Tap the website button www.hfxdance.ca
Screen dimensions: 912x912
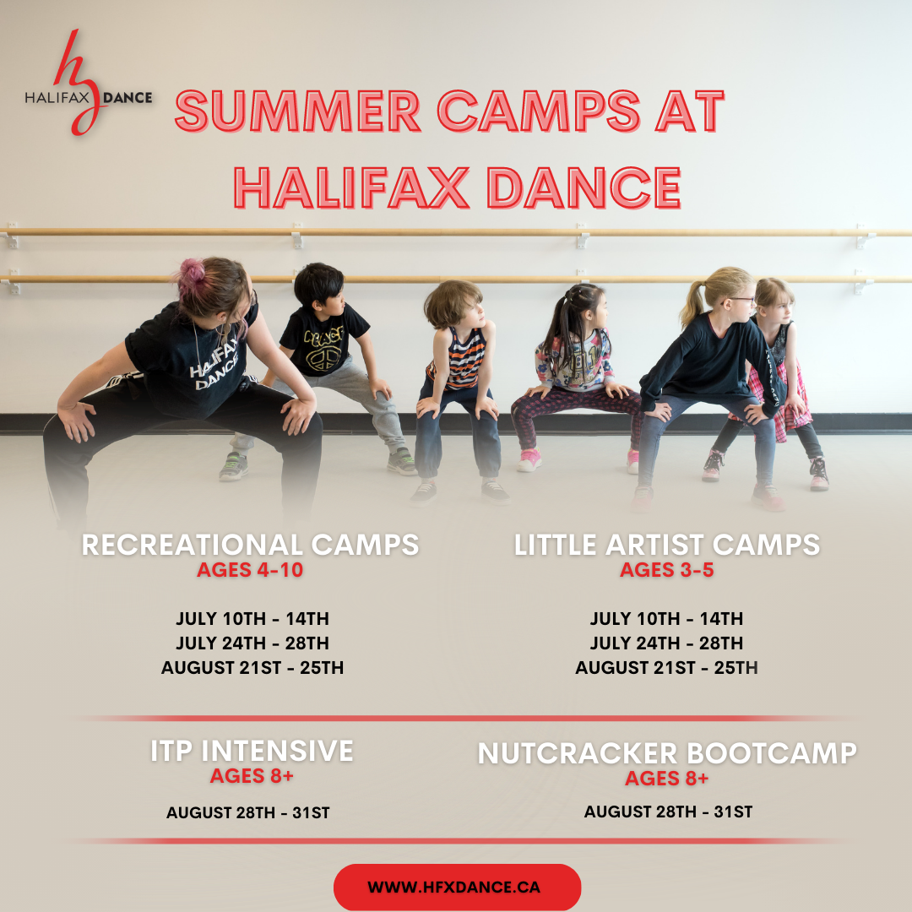tap(457, 888)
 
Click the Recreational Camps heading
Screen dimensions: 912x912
tap(250, 545)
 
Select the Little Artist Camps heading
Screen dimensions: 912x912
tap(667, 545)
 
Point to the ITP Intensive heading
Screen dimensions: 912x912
tap(252, 751)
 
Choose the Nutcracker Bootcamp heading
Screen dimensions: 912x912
tap(667, 752)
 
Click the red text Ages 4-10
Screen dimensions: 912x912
tap(250, 571)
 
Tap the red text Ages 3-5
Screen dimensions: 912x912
tap(667, 571)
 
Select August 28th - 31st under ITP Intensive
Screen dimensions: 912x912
tap(247, 813)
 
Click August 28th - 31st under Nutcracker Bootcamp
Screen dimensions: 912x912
tap(668, 812)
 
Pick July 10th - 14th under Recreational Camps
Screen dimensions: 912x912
tap(252, 619)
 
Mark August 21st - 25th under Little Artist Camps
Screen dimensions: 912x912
tap(667, 668)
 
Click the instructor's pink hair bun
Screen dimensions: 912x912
tap(192, 272)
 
